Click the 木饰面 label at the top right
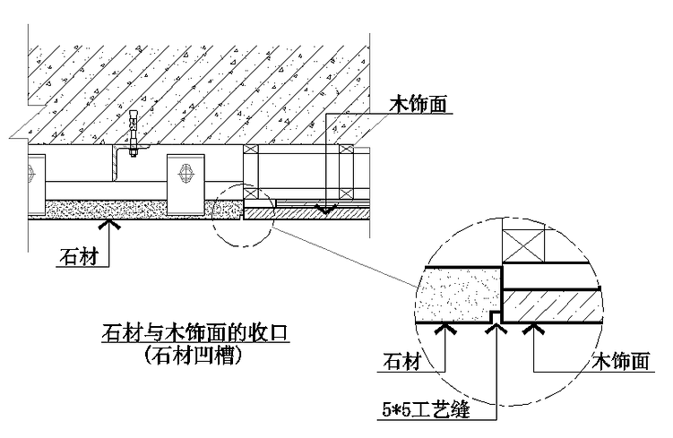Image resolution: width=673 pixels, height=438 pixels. point(418,105)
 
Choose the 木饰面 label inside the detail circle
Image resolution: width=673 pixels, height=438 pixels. point(621,362)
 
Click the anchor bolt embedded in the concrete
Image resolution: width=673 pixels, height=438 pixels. point(134,133)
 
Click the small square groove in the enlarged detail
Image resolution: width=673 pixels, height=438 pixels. point(496,318)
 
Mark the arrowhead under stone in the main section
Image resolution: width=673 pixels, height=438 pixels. point(109,226)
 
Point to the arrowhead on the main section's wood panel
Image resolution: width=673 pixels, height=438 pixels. point(328,210)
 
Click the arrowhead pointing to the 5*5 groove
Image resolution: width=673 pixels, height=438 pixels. point(496,330)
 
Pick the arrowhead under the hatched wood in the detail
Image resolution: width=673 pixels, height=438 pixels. point(535,330)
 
